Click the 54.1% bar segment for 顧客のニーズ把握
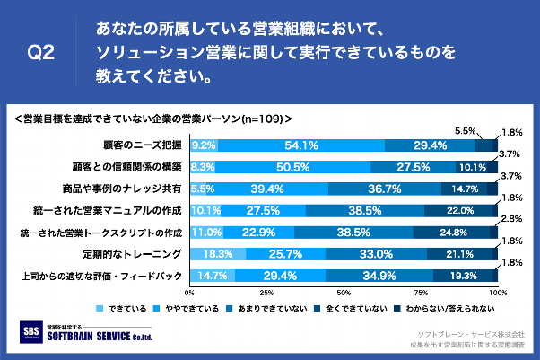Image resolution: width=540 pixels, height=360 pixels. tap(301, 145)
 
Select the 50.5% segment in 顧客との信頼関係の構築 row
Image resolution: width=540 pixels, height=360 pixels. tap(293, 167)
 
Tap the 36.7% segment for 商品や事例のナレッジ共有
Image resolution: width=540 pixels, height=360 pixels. tap(384, 189)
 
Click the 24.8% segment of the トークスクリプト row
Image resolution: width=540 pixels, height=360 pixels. tap(454, 233)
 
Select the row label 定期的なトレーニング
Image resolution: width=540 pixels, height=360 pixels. tap(145, 254)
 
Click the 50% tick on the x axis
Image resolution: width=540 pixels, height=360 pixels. tap(344, 293)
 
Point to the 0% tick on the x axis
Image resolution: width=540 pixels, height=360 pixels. tap(189, 293)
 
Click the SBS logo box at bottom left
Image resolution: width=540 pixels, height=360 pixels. tap(30, 331)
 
